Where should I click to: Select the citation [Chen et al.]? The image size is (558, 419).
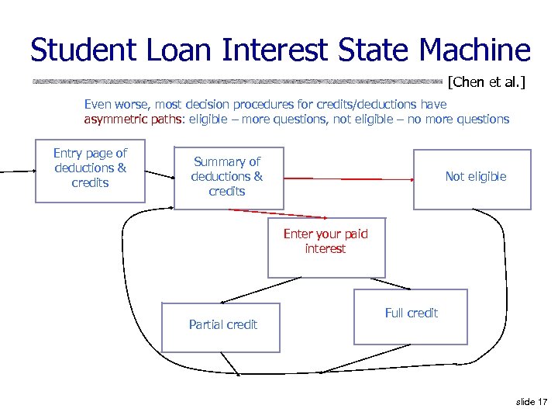coord(486,81)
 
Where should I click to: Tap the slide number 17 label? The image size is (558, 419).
coord(531,401)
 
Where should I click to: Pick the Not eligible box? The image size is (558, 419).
coord(472,179)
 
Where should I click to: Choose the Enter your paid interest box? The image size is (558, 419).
coord(325,248)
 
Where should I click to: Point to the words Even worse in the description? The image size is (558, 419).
coord(112,104)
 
